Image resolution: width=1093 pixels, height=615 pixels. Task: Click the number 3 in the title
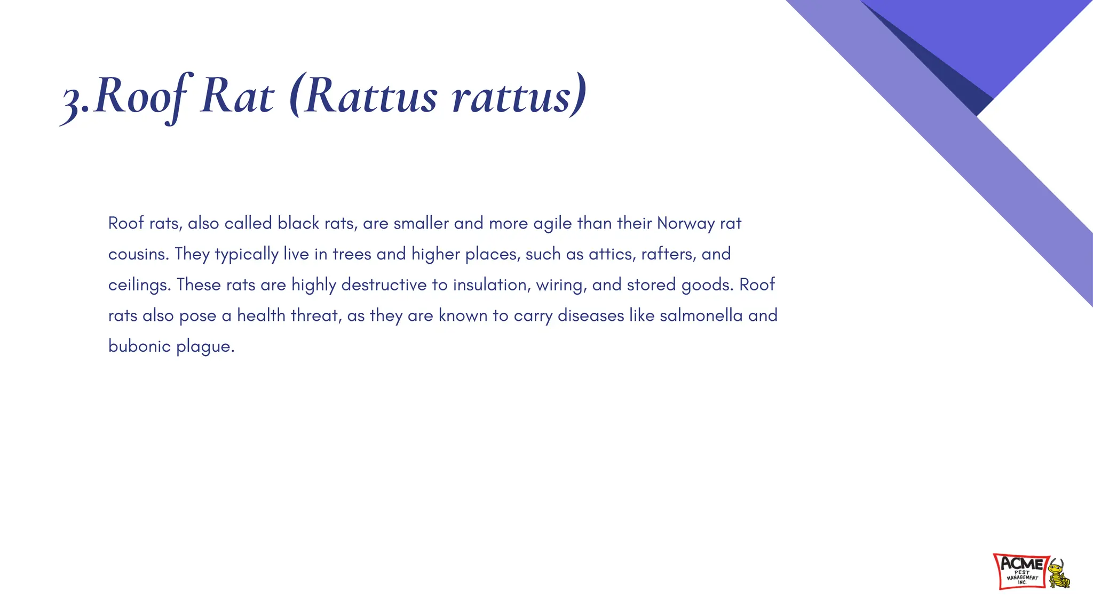pos(72,101)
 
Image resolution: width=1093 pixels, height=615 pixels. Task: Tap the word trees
pos(352,254)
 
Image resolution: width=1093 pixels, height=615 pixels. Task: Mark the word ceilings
pos(139,285)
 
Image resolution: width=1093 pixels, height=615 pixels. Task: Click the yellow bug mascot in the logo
pos(1058,574)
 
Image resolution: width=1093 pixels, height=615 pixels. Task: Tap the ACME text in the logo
pos(1021,564)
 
